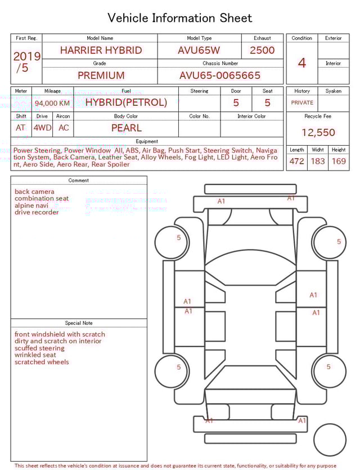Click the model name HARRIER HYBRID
101,50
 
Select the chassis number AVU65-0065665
220,75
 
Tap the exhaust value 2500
262,50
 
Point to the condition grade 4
302,63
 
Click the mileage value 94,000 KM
52,103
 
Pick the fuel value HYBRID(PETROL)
126,102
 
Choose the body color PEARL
126,128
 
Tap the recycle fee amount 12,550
318,133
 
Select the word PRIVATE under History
302,103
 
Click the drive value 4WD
42,128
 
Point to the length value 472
296,162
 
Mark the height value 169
339,162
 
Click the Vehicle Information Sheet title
180,18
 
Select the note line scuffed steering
39,348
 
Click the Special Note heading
79,323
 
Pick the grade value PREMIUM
101,75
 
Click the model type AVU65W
199,50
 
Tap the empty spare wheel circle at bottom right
330,440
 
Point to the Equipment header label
147,141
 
